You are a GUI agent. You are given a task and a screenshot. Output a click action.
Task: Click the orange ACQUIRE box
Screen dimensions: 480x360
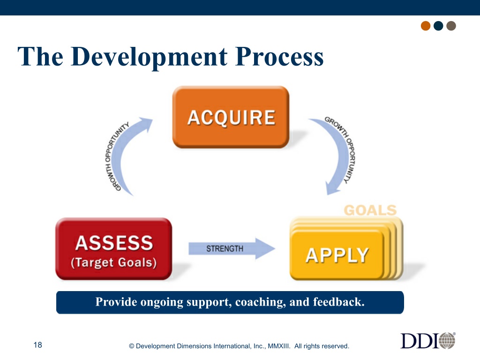click(x=231, y=117)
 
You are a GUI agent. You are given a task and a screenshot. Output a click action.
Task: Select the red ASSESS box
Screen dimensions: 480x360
click(x=113, y=248)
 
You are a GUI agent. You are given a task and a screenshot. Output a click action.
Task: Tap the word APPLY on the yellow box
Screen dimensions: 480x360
click(x=337, y=255)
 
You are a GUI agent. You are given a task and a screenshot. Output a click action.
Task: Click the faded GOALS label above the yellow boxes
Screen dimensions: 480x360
click(x=370, y=210)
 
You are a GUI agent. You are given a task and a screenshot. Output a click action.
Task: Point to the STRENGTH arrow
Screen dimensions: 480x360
click(x=232, y=248)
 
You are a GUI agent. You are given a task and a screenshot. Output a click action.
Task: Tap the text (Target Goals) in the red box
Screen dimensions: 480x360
click(x=113, y=262)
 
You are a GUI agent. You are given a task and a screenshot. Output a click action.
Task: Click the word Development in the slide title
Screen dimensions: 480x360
click(x=150, y=57)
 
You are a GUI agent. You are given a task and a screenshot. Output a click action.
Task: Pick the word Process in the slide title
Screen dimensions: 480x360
click(x=279, y=57)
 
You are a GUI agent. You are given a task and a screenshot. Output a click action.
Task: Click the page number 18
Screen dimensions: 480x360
click(x=37, y=345)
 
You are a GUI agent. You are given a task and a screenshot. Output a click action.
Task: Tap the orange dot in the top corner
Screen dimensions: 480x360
click(x=426, y=26)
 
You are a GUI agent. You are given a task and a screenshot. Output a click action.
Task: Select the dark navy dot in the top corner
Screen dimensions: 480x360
click(x=438, y=26)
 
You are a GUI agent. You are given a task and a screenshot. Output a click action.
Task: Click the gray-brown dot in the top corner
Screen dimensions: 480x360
click(x=451, y=26)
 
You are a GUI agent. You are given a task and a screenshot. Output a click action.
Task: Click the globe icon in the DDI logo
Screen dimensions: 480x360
click(x=447, y=340)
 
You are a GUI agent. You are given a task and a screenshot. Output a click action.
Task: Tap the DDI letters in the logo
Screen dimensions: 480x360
click(x=420, y=341)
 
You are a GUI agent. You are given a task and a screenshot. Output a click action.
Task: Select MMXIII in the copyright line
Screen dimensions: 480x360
click(x=279, y=346)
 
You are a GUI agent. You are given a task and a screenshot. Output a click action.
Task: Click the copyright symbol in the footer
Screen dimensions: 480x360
click(x=132, y=346)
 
